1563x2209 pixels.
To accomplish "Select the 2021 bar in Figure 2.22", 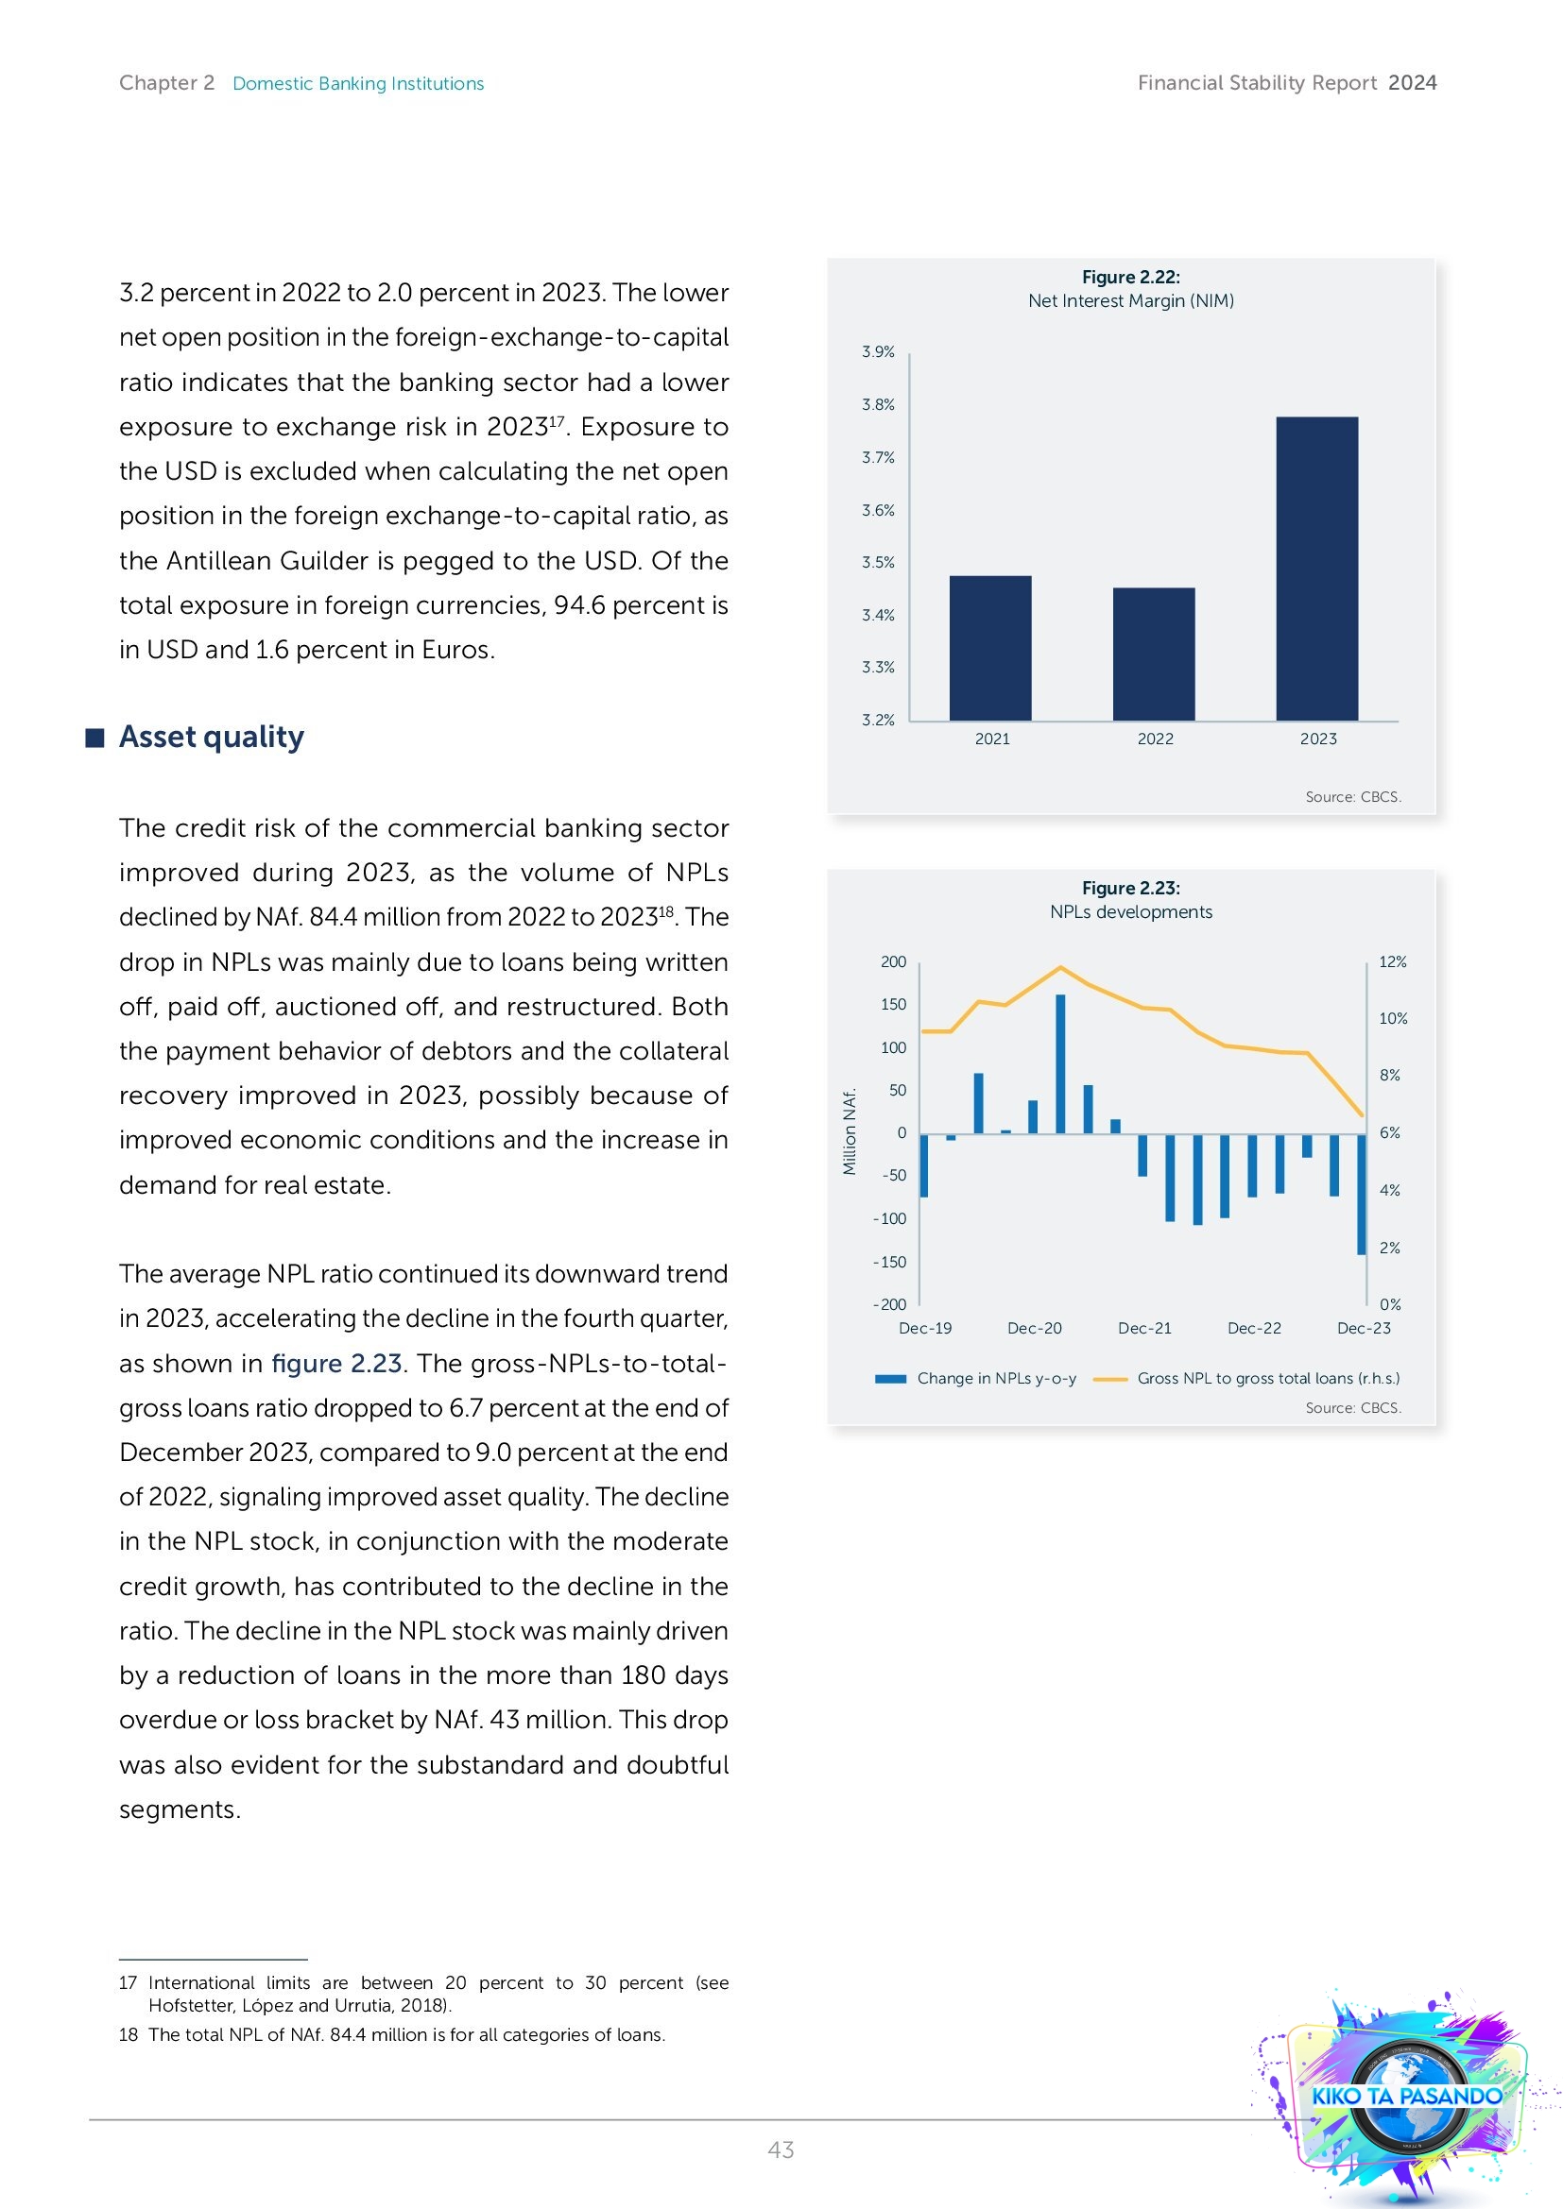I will tap(990, 648).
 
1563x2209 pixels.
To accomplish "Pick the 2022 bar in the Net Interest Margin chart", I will tap(1154, 654).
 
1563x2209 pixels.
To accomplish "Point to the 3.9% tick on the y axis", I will tap(878, 352).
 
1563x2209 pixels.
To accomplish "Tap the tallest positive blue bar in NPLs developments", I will tap(1060, 1063).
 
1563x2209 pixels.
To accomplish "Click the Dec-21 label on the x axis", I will tap(1144, 1328).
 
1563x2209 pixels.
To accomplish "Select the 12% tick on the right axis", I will tap(1392, 962).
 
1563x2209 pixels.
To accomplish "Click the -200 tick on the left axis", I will tap(890, 1304).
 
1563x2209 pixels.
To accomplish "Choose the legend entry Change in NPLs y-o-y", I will tap(995, 1378).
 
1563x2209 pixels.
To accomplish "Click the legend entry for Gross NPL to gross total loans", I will tap(1266, 1378).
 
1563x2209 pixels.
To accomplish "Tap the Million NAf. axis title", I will tap(850, 1131).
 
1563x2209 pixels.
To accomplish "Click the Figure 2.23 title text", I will tap(1131, 888).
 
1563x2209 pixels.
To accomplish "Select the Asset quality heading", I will tap(212, 737).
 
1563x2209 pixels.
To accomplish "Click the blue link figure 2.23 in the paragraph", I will tap(336, 1364).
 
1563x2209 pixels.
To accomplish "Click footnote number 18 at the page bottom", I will tap(128, 2034).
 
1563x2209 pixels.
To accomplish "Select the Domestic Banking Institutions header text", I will tap(358, 84).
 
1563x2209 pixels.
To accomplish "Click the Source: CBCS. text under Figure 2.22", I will tap(1352, 797).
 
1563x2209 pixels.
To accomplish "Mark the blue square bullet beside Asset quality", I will tap(94, 738).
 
